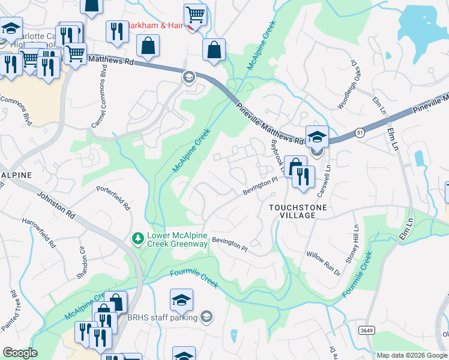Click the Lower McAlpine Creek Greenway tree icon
click(138, 239)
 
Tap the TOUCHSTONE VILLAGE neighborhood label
click(292, 211)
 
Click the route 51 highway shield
click(358, 134)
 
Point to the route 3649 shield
click(366, 330)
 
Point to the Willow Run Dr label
click(323, 263)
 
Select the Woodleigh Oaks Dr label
click(351, 89)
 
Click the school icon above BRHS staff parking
click(181, 300)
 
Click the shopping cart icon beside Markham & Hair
click(195, 14)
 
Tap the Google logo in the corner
click(20, 353)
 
